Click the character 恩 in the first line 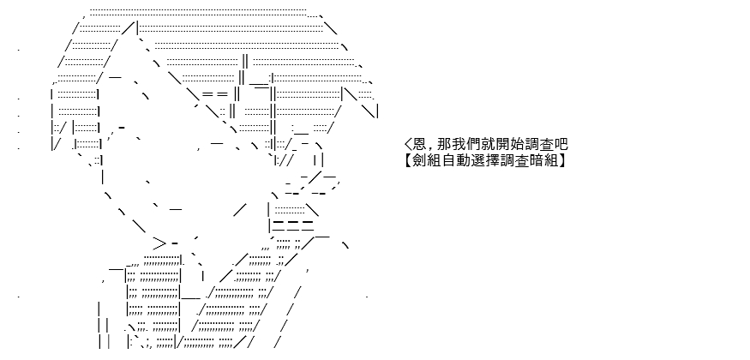418,144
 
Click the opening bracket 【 411,160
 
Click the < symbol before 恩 407,144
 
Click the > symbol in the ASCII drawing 159,243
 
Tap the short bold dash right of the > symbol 175,243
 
